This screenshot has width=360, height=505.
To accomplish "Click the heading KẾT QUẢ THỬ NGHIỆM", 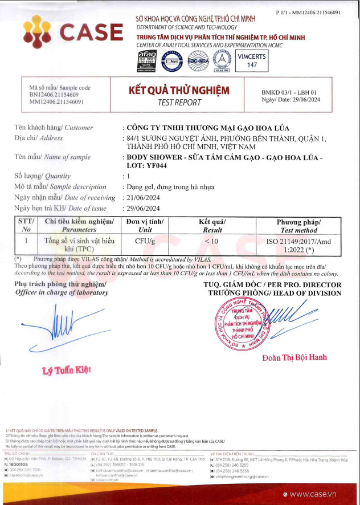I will pos(179,90).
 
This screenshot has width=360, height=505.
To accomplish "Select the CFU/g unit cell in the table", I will pos(145,241).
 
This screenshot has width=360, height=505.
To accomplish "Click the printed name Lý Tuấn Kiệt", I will pos(67,370).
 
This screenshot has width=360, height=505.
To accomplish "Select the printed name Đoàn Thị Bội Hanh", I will pos(294,357).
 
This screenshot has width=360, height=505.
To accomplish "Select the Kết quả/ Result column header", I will pos(212,226).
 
